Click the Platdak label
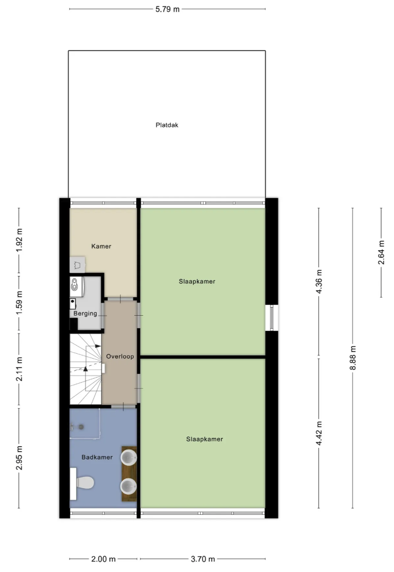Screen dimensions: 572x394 tap(167, 125)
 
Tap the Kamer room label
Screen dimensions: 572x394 tap(101, 246)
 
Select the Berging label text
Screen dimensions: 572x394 tap(85, 313)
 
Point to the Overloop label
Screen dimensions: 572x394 tap(120, 357)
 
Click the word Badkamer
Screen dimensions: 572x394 tap(97, 457)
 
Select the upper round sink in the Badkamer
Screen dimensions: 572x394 tap(130, 457)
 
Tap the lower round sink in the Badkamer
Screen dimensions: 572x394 tap(130, 485)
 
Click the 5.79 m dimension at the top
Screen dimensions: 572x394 tap(167, 9)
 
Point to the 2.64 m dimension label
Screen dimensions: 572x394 tap(381, 252)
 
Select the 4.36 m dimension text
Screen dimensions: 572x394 tap(319, 281)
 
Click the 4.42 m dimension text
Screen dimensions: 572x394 tap(319, 433)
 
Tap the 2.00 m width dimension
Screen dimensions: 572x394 tap(103, 559)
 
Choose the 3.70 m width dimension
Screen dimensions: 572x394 tap(202, 559)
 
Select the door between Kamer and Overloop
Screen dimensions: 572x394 tap(121, 298)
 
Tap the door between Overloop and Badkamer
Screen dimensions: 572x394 tap(123, 406)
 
